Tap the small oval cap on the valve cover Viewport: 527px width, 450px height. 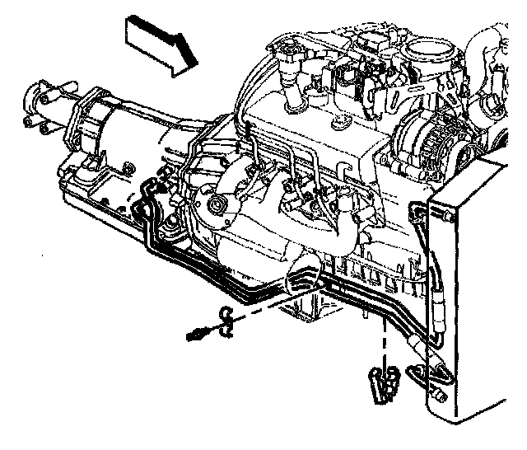tap(338, 126)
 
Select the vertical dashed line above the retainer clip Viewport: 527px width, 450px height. tap(383, 338)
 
